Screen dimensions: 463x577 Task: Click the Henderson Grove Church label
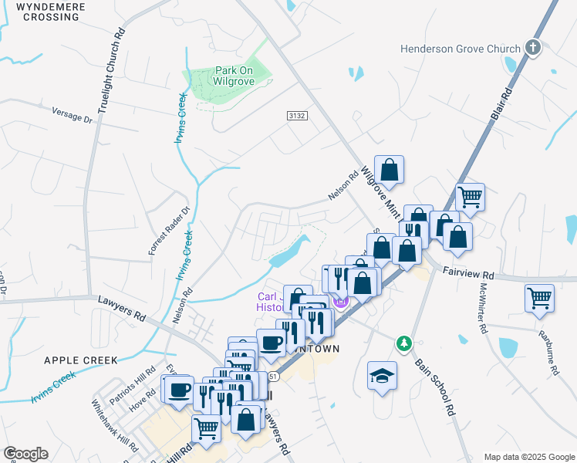tap(461, 49)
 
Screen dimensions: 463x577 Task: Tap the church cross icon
tap(532, 49)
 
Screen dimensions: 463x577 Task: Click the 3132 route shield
tap(298, 116)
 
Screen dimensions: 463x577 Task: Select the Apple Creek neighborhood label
tap(81, 360)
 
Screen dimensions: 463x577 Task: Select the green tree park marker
tap(403, 342)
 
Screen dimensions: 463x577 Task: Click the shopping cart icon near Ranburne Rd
tap(539, 297)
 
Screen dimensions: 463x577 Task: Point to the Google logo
tap(25, 454)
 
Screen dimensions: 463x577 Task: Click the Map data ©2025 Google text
tap(528, 457)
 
